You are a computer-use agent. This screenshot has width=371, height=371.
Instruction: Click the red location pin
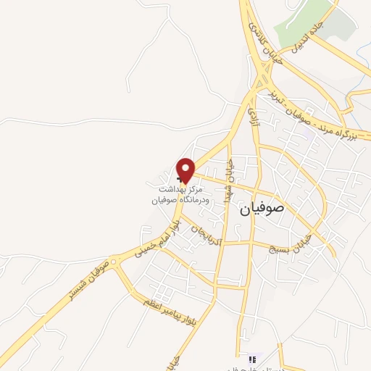click(186, 169)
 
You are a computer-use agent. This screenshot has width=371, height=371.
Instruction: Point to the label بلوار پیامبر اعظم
click(171, 304)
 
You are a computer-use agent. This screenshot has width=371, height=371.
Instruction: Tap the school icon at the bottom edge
click(252, 359)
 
